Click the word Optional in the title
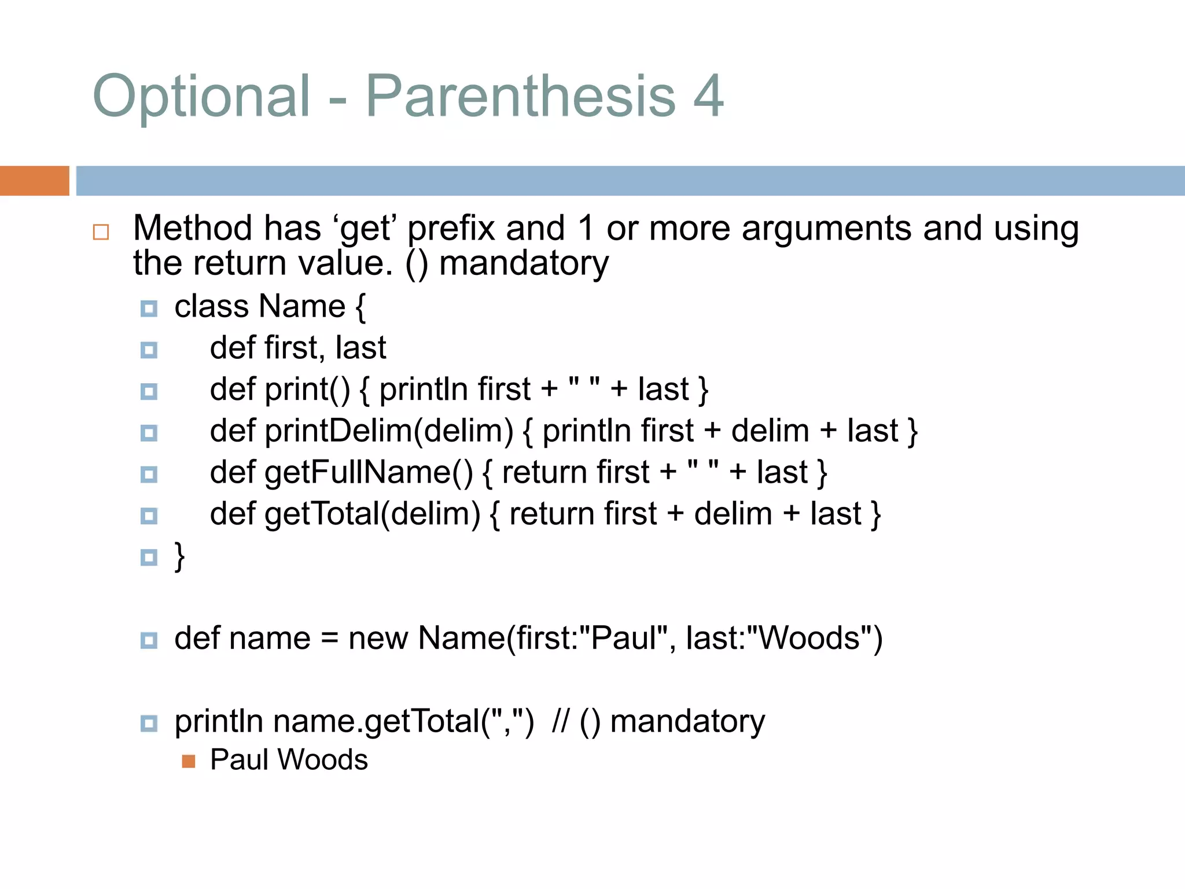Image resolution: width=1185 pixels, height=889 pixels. [x=201, y=97]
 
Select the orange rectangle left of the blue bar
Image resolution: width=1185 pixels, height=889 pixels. [x=34, y=181]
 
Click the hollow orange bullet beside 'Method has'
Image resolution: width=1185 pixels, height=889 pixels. [x=101, y=232]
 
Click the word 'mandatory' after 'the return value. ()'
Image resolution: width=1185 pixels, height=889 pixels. [x=524, y=264]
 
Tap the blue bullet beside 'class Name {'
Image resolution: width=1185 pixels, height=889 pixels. [x=149, y=308]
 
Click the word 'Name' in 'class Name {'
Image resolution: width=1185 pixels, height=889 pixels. [x=302, y=306]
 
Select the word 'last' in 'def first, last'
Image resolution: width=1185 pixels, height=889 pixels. [x=360, y=348]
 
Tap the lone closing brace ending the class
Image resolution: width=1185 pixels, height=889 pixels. [x=180, y=557]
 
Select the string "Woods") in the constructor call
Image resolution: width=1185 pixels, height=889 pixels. [x=815, y=638]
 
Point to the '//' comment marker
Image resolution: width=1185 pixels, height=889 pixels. [x=560, y=722]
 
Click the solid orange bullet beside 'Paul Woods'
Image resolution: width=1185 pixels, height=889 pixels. [x=188, y=761]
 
